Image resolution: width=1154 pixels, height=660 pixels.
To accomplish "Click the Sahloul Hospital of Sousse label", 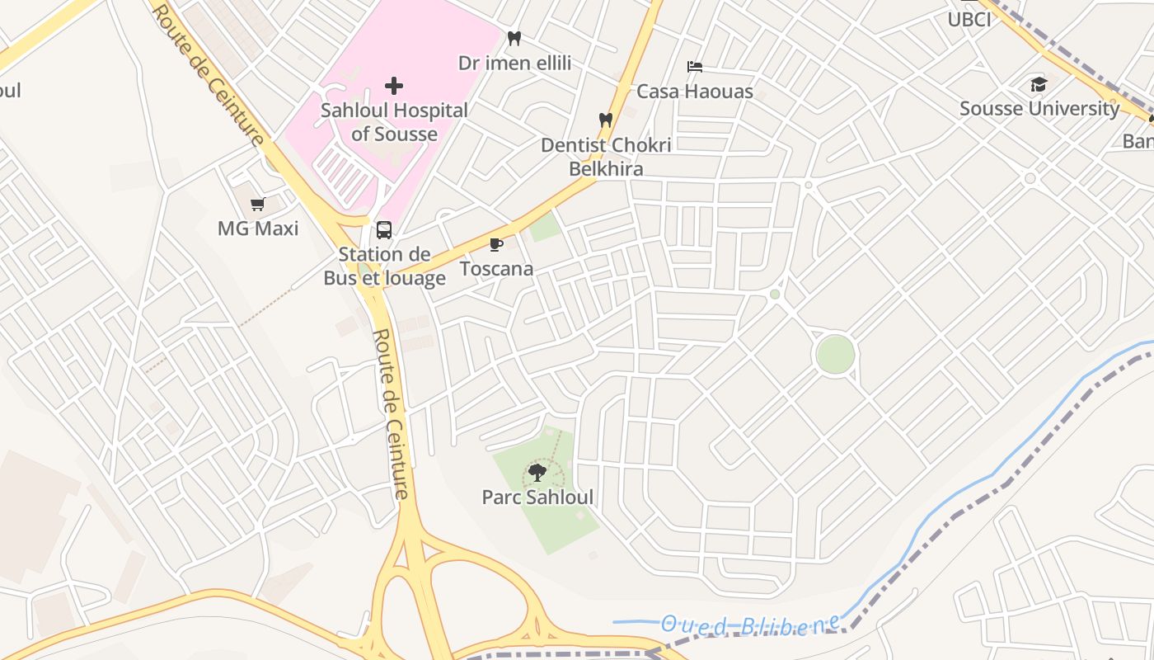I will (x=394, y=121).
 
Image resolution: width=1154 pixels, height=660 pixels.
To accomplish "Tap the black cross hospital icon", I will (x=394, y=85).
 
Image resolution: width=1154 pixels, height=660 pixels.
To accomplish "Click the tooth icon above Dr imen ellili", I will (x=514, y=38).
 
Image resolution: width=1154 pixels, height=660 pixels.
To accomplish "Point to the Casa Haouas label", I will (x=695, y=92).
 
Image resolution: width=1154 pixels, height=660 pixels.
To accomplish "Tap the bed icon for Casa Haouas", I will (x=695, y=67).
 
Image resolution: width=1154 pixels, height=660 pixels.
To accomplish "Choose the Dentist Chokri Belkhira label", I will (x=606, y=157).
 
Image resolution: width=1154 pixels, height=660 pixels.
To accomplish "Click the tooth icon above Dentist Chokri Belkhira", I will (x=606, y=120).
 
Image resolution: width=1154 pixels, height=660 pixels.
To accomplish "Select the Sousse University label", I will (x=1039, y=108).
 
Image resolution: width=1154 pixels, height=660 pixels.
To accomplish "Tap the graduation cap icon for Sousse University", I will (x=1039, y=84).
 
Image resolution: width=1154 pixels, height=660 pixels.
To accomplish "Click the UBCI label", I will (x=969, y=20).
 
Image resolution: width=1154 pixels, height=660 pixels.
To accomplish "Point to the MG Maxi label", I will (x=258, y=228).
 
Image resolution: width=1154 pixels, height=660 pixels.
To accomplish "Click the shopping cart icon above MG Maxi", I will (x=258, y=204).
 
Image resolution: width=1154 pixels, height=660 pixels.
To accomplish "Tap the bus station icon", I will (x=384, y=230).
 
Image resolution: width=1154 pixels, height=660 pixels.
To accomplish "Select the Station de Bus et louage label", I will (x=384, y=266).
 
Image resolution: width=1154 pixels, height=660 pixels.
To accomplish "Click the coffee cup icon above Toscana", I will (x=496, y=244).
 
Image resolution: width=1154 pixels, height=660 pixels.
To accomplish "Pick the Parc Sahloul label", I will (x=537, y=497).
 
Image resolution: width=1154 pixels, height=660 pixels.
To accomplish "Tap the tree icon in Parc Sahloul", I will (x=537, y=473).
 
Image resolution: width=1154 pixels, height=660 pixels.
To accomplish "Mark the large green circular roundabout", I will (x=835, y=354).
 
